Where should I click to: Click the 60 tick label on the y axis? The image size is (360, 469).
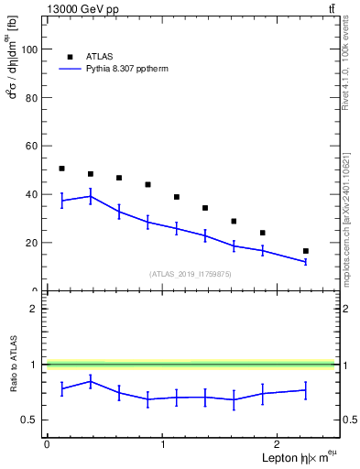pyautogui.click(x=33, y=147)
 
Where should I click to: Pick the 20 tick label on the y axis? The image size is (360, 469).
pyautogui.click(x=33, y=244)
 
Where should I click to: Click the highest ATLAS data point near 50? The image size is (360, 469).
pyautogui.click(x=61, y=169)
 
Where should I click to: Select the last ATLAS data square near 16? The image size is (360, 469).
pyautogui.click(x=306, y=251)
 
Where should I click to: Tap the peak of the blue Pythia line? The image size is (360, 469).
pyautogui.click(x=90, y=196)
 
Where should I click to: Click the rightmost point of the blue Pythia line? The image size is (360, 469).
pyautogui.click(x=306, y=262)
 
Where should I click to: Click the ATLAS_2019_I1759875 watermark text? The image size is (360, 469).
pyautogui.click(x=191, y=274)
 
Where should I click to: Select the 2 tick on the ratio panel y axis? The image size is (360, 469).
pyautogui.click(x=36, y=309)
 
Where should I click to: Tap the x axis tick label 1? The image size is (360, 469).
pyautogui.click(x=162, y=444)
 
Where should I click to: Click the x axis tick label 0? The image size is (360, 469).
pyautogui.click(x=47, y=444)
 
